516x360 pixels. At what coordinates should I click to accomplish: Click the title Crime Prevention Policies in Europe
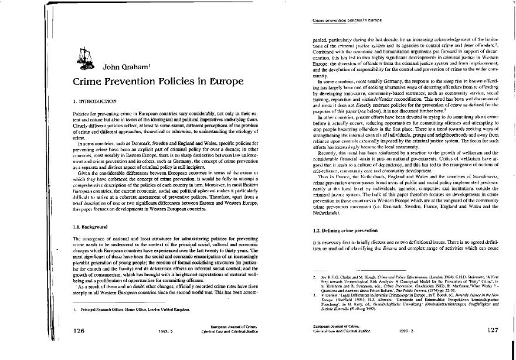pos(155,83)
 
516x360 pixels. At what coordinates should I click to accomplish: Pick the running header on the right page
pos(338,22)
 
